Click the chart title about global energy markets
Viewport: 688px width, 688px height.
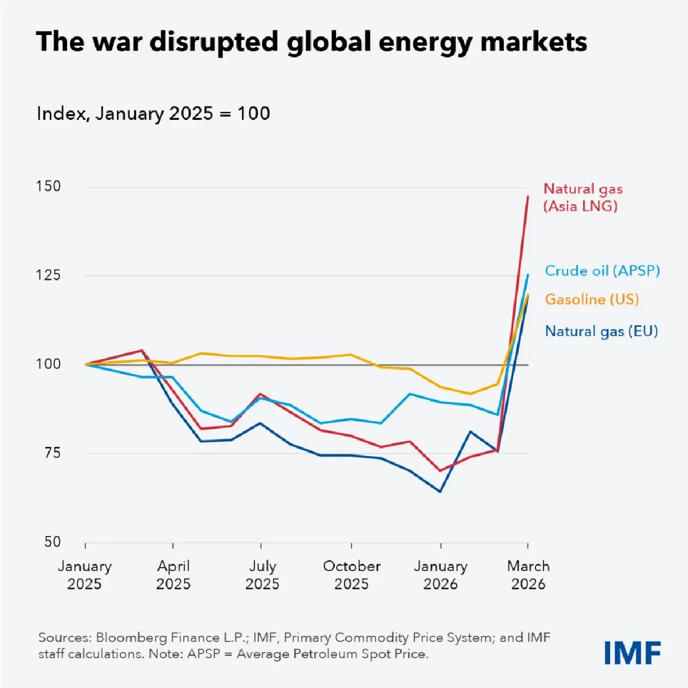click(x=311, y=42)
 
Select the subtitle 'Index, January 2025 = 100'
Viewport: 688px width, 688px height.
click(x=153, y=114)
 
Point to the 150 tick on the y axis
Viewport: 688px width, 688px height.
click(x=48, y=186)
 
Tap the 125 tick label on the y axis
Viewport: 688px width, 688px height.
click(x=48, y=275)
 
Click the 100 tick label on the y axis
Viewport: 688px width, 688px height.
click(x=48, y=364)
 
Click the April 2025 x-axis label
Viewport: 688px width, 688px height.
click(x=173, y=575)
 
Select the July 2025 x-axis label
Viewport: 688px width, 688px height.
click(x=262, y=575)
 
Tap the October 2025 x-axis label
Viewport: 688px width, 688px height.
click(x=351, y=575)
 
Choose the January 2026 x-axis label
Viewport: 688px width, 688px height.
click(x=440, y=575)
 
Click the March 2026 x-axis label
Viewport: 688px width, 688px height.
click(x=528, y=575)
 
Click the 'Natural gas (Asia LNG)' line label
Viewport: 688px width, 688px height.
click(x=583, y=197)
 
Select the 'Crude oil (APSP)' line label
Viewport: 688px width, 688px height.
click(x=602, y=271)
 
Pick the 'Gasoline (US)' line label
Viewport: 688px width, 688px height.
click(x=592, y=299)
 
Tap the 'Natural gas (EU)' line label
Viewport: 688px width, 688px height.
click(x=601, y=331)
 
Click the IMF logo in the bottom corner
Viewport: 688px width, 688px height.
click(x=632, y=652)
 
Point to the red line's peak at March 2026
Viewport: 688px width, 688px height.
click(x=527, y=197)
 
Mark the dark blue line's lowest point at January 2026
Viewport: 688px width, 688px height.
click(x=440, y=491)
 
